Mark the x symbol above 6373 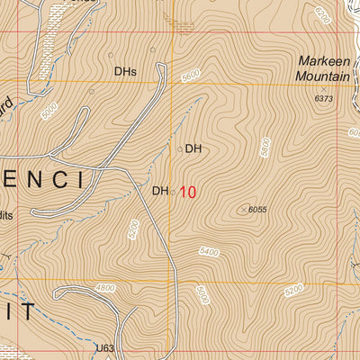pos(324,90)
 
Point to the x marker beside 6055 pos(241,209)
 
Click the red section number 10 pos(187,192)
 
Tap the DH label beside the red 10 pos(159,191)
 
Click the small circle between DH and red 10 pos(173,191)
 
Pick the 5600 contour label pos(190,78)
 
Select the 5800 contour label pos(265,146)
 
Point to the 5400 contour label pos(209,252)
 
